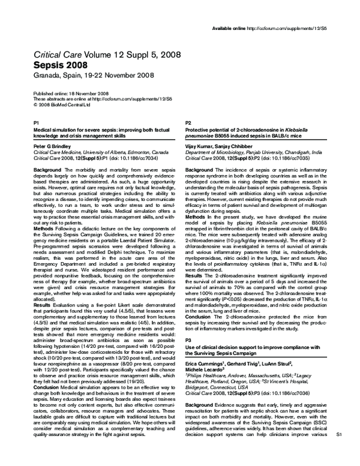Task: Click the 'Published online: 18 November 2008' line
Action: coord(70,94)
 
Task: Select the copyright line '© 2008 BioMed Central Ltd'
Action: coord(62,104)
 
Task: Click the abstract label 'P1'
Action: coord(36,122)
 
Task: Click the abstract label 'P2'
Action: coord(188,122)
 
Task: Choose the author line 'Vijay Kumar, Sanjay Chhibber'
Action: coord(214,146)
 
